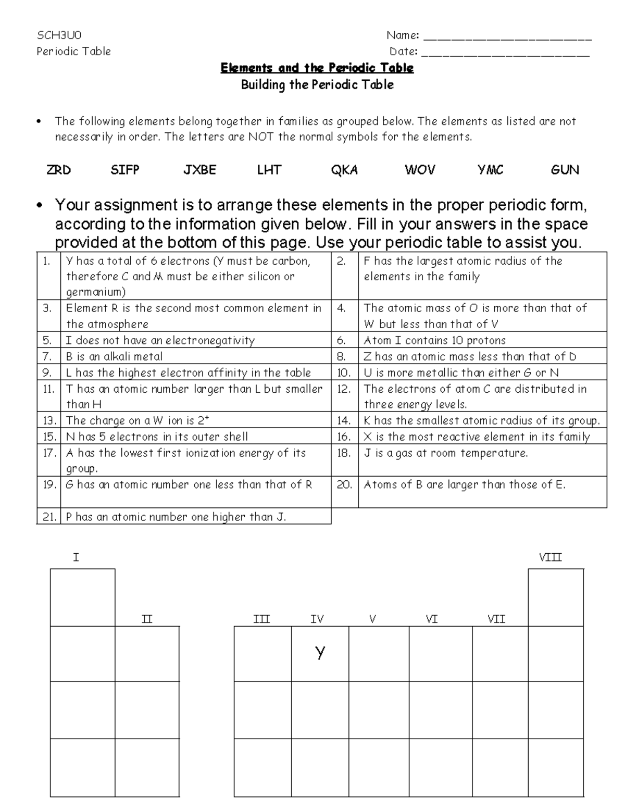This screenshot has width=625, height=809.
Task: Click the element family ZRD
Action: click(58, 170)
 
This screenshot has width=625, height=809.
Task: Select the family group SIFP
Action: click(125, 170)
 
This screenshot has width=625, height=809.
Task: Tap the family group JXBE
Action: click(199, 170)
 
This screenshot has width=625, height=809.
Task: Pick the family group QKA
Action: click(344, 170)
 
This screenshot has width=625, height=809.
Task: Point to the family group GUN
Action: click(565, 170)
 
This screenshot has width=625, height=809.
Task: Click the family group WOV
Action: click(420, 170)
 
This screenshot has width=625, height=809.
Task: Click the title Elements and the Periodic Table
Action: click(317, 68)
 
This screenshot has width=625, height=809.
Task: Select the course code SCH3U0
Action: click(59, 35)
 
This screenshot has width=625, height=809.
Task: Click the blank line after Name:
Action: click(508, 38)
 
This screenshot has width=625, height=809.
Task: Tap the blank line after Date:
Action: click(505, 53)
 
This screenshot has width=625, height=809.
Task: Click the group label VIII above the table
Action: click(550, 557)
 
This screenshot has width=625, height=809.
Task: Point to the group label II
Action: click(147, 619)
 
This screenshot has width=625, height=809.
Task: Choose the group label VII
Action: click(496, 619)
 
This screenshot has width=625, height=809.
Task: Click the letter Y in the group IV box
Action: click(320, 652)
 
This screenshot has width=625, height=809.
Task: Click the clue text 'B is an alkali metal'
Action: click(114, 356)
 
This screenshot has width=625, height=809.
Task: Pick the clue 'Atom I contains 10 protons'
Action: click(434, 340)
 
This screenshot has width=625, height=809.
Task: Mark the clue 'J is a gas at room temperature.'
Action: click(445, 453)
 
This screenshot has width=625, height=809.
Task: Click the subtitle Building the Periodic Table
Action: click(317, 85)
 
